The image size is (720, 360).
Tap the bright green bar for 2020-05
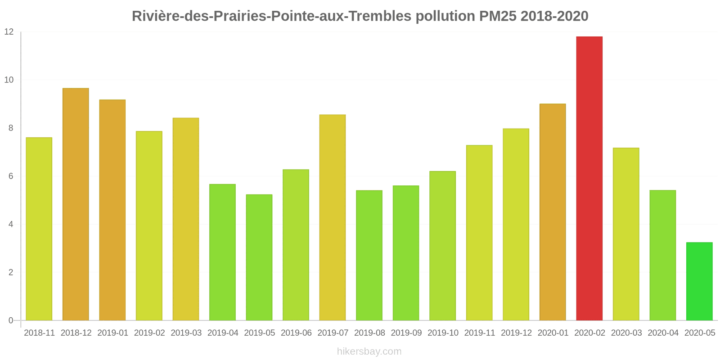(699, 281)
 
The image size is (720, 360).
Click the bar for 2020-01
(553, 212)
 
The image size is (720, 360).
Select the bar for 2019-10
(442, 246)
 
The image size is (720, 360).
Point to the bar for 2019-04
(222, 252)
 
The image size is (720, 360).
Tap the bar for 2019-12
(516, 225)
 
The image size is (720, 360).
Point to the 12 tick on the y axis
(9, 32)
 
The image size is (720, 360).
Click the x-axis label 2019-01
(112, 333)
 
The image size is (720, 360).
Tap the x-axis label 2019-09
(406, 333)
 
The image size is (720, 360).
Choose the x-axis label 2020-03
(626, 333)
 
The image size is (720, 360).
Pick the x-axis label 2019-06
(296, 333)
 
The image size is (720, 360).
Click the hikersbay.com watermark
(369, 351)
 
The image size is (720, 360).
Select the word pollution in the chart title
(445, 16)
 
